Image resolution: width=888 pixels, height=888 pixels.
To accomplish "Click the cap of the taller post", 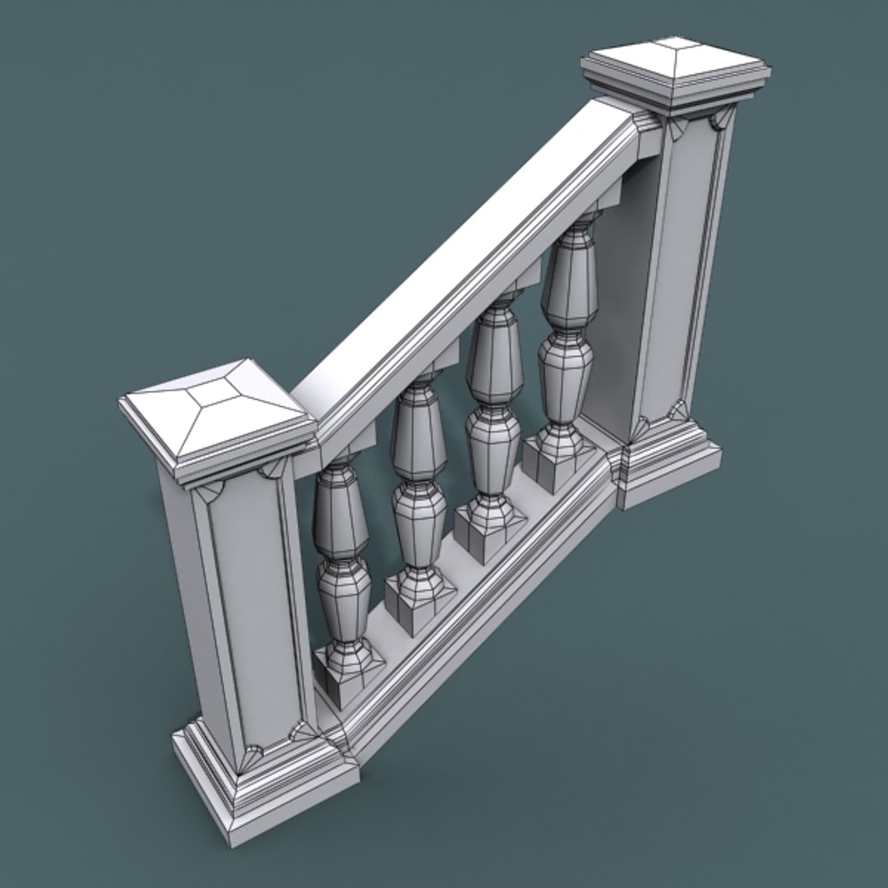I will [676, 69].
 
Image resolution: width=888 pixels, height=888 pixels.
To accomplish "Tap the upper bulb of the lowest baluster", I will [340, 514].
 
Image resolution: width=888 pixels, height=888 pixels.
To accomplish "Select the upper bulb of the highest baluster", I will [570, 280].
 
